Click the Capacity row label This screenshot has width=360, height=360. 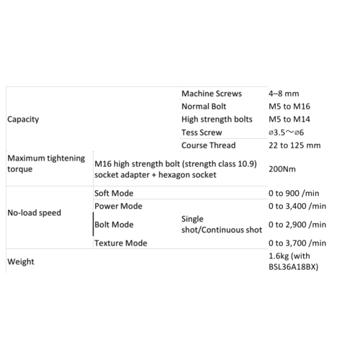pyautogui.click(x=23, y=120)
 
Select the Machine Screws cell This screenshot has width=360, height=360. pyautogui.click(x=212, y=94)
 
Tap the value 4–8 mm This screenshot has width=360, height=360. pyautogui.click(x=284, y=94)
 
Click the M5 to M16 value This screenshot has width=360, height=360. pyautogui.click(x=289, y=107)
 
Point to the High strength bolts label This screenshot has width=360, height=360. pyautogui.click(x=217, y=120)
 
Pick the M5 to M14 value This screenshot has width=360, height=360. pyautogui.click(x=289, y=120)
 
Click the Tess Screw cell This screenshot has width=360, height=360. pyautogui.click(x=202, y=132)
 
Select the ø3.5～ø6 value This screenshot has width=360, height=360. pyautogui.click(x=286, y=132)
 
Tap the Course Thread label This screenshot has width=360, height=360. pyautogui.click(x=208, y=145)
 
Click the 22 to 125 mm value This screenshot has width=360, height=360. pyautogui.click(x=294, y=145)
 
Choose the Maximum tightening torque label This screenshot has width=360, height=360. pyautogui.click(x=46, y=163)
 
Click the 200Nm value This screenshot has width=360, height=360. pyautogui.click(x=282, y=169)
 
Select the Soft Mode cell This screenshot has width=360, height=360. pyautogui.click(x=114, y=193)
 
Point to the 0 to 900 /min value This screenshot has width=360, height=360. pyautogui.click(x=294, y=193)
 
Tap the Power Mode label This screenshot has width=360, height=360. pyautogui.click(x=118, y=206)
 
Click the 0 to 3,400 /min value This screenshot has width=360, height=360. pyautogui.click(x=297, y=206)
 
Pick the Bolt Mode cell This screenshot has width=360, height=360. pyautogui.click(x=114, y=225)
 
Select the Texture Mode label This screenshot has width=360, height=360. pyautogui.click(x=121, y=243)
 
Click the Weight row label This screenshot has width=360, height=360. pyautogui.click(x=21, y=261)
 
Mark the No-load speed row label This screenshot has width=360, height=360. pyautogui.click(x=34, y=212)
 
